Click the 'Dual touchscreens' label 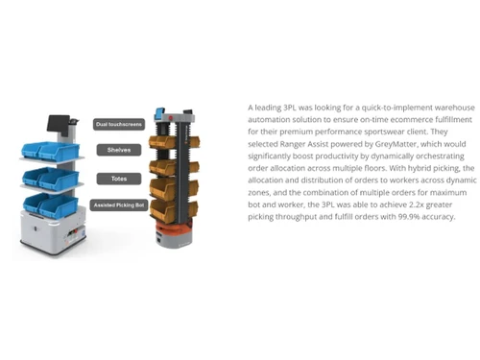(119, 124)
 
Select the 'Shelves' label (119, 150)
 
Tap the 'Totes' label (119, 179)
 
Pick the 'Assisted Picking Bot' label (119, 205)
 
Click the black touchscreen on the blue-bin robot (58, 124)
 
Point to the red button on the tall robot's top (171, 118)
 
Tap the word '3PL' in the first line (290, 108)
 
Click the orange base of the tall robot (174, 229)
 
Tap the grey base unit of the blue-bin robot (53, 231)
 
